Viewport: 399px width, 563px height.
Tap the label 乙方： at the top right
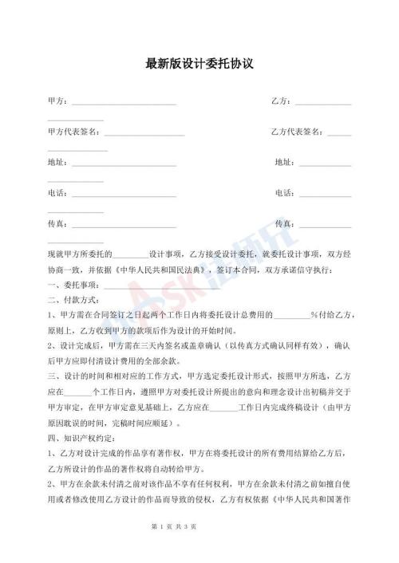tap(282, 102)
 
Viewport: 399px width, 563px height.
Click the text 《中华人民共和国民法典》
tap(160, 270)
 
